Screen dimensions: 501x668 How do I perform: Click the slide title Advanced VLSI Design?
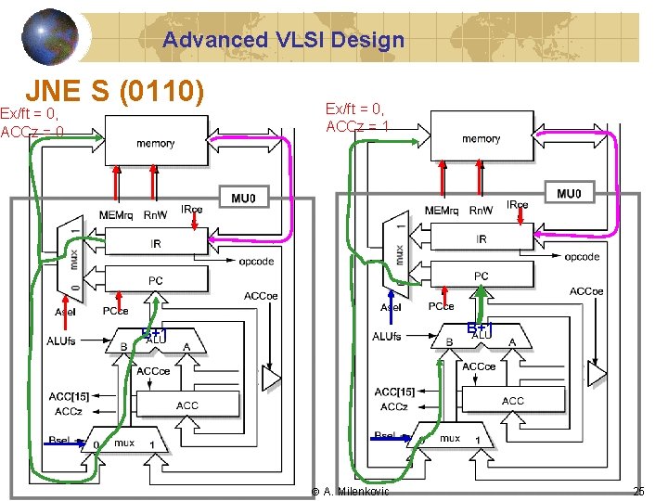[283, 40]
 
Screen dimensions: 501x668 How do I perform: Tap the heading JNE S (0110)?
[114, 91]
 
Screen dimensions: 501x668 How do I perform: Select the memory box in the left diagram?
[155, 143]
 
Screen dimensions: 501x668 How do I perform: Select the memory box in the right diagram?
[481, 139]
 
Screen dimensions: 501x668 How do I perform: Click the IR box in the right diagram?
[481, 239]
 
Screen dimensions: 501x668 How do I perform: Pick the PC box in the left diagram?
[155, 280]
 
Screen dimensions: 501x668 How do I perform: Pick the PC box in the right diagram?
[481, 276]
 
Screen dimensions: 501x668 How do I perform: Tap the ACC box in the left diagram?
[186, 405]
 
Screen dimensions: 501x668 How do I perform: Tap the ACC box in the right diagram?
[512, 401]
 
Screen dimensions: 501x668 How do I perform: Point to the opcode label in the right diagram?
[582, 257]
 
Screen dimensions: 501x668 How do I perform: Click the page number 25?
[637, 491]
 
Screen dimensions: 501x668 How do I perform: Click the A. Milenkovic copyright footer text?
[351, 491]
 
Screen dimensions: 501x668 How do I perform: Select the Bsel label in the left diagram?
[62, 439]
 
